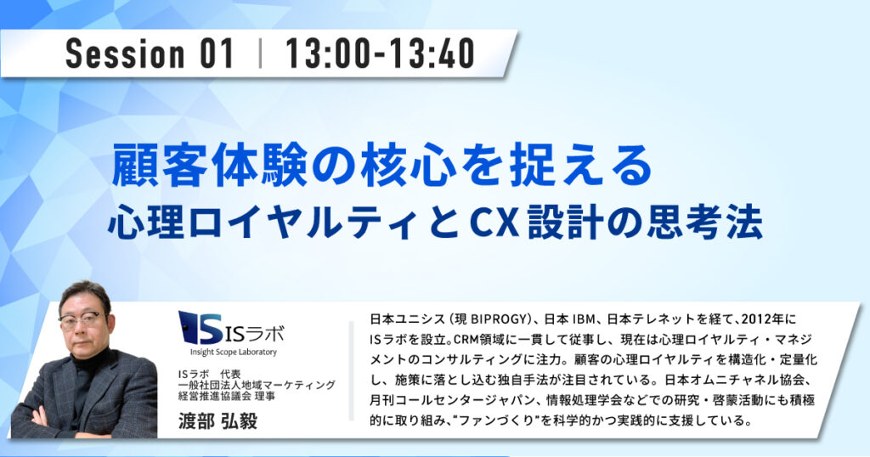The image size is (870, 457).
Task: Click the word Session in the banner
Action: click(x=124, y=54)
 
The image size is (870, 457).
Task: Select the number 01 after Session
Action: click(x=217, y=54)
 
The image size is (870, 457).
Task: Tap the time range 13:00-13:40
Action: click(x=380, y=54)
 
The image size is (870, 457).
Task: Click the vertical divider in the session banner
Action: click(x=260, y=54)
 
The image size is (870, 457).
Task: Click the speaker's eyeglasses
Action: click(x=82, y=320)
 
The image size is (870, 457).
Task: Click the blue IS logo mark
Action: click(x=201, y=327)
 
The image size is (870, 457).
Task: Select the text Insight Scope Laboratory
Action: click(x=234, y=353)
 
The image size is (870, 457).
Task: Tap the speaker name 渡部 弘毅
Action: click(x=218, y=421)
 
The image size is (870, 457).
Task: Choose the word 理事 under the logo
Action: click(x=265, y=396)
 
